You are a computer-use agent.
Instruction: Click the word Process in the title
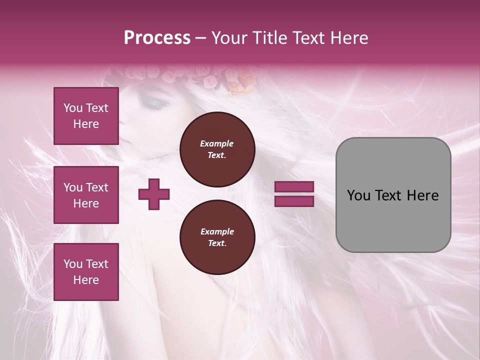157,37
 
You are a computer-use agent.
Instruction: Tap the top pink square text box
86,116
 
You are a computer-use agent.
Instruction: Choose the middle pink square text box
86,195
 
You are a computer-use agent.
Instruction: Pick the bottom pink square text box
86,272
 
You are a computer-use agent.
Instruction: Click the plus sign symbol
154,194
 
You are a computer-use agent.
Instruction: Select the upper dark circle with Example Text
217,149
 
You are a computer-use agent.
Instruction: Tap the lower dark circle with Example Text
217,237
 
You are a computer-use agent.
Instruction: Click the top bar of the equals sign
294,186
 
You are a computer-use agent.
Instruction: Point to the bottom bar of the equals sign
294,201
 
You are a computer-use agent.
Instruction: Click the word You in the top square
73,108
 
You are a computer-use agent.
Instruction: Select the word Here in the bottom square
86,280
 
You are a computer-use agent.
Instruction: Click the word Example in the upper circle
217,143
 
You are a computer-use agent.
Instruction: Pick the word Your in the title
230,37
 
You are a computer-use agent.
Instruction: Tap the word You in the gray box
358,195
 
